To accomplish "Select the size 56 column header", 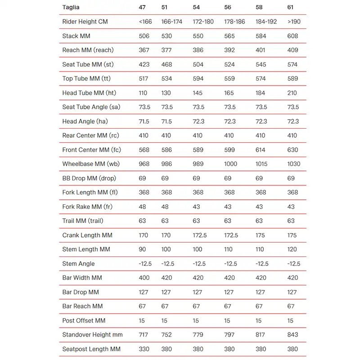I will [x=228, y=7].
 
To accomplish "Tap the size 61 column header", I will [x=291, y=7].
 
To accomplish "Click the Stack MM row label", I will [x=76, y=36].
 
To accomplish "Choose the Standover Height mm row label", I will [x=92, y=335].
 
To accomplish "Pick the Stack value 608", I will [x=292, y=36].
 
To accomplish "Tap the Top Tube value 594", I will [x=198, y=79].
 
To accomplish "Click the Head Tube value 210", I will [x=292, y=93].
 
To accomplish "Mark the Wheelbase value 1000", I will [x=230, y=164].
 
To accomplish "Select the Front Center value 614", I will [x=261, y=150].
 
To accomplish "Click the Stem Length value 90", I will [x=143, y=249].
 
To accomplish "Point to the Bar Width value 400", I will [x=144, y=278].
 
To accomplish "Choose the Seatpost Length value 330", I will [x=144, y=349].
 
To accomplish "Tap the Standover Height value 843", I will [x=292, y=335].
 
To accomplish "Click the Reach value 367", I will [x=144, y=50].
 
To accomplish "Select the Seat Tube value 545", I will [x=261, y=64].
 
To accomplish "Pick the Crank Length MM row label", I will [x=87, y=235].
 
